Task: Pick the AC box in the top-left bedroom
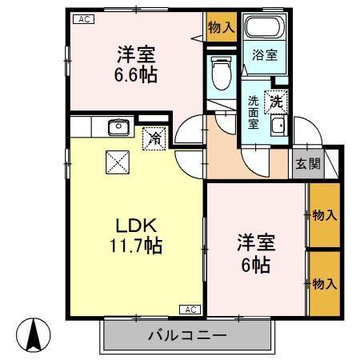click(x=82, y=19)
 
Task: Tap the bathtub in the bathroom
click(x=262, y=29)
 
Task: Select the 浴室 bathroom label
click(x=264, y=55)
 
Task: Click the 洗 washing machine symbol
click(x=276, y=102)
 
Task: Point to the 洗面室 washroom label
click(x=254, y=112)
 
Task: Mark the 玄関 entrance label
click(x=307, y=164)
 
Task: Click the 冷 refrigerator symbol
click(x=155, y=138)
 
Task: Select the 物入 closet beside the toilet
click(x=222, y=26)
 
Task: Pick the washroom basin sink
click(x=278, y=126)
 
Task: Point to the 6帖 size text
click(x=252, y=264)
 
